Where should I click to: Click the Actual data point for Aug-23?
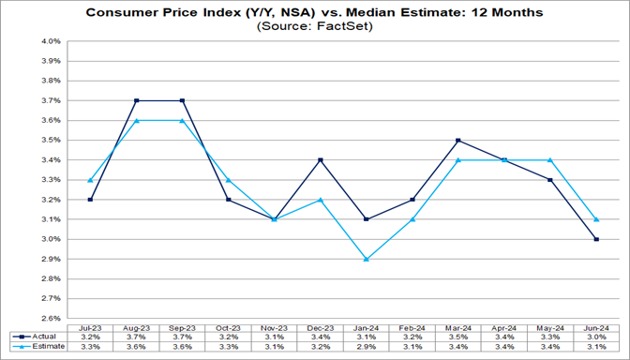136,100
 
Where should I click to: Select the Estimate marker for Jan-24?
367,259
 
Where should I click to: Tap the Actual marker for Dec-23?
321,159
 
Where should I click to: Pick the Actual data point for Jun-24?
597,239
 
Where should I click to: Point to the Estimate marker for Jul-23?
90,180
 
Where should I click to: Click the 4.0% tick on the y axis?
51,41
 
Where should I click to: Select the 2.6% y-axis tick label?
51,318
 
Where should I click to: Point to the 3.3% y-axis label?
51,180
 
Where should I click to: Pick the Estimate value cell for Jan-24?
367,346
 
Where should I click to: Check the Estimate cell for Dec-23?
321,346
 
